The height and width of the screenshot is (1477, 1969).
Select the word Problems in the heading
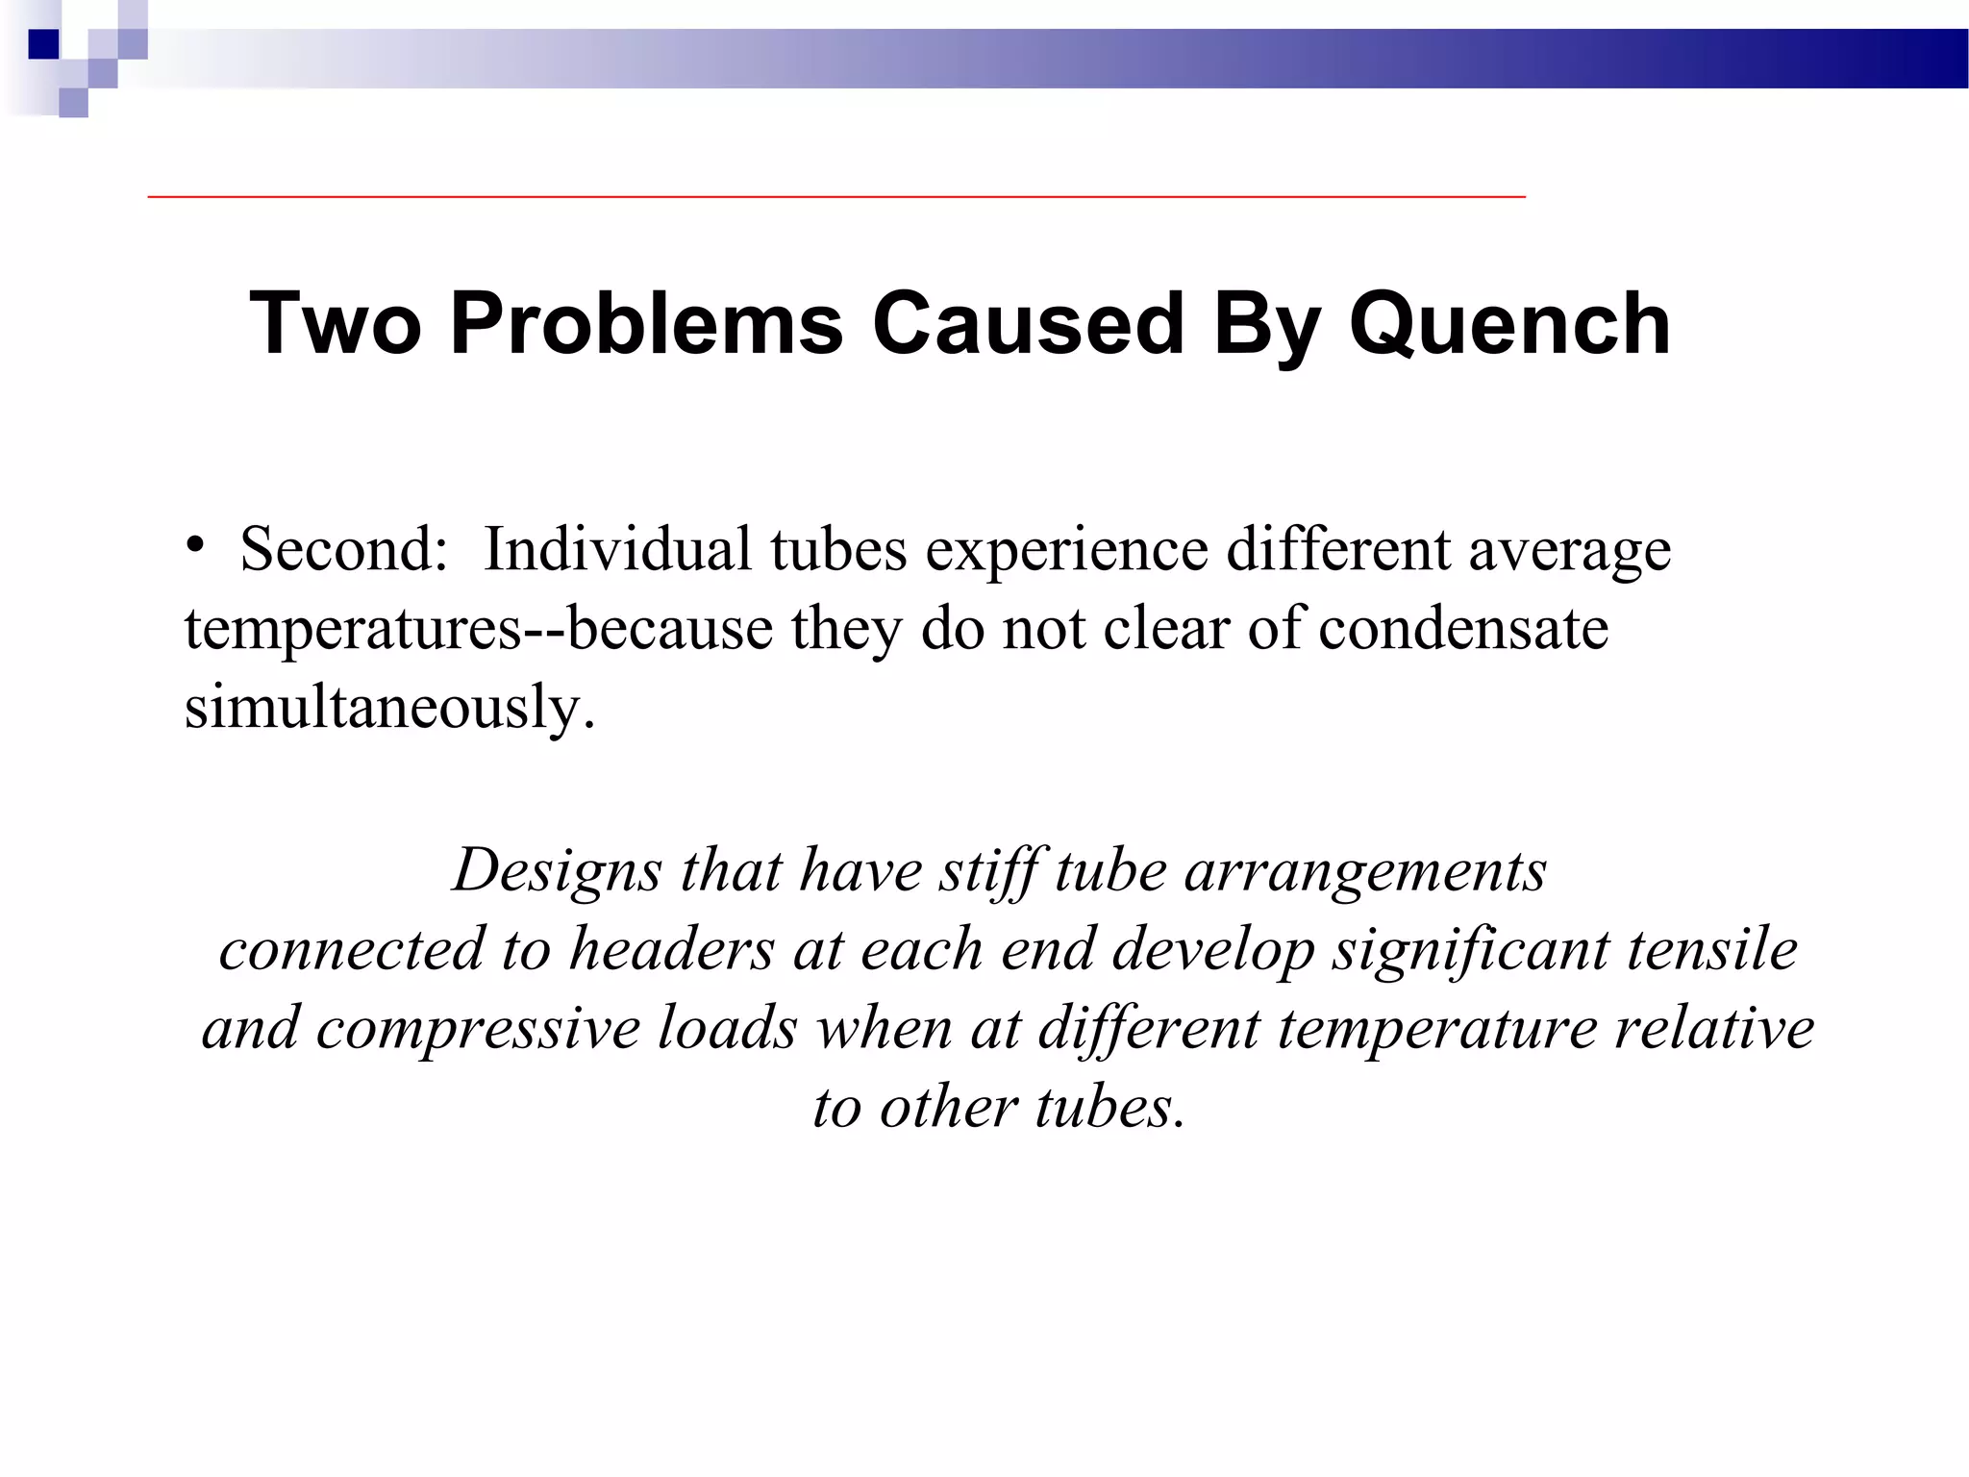click(646, 323)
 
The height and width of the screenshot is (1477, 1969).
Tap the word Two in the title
click(335, 323)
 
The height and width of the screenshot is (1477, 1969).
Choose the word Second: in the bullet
click(343, 550)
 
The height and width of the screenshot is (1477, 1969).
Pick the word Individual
click(616, 550)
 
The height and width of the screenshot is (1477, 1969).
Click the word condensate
click(1462, 630)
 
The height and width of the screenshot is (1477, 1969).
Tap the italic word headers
click(671, 950)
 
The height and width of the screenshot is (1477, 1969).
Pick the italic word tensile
click(1711, 950)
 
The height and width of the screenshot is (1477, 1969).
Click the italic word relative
click(1714, 1028)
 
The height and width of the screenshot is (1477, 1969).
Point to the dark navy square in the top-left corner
click(44, 44)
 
